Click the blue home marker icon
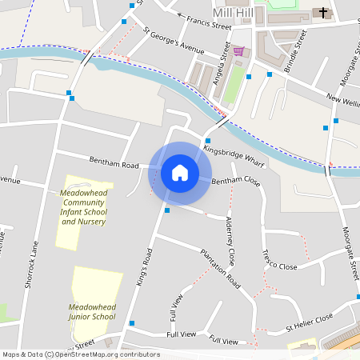180,173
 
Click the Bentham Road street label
114,164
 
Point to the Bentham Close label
236,182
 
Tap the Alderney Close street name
230,241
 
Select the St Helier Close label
310,322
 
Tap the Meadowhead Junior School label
92,311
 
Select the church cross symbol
324,13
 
